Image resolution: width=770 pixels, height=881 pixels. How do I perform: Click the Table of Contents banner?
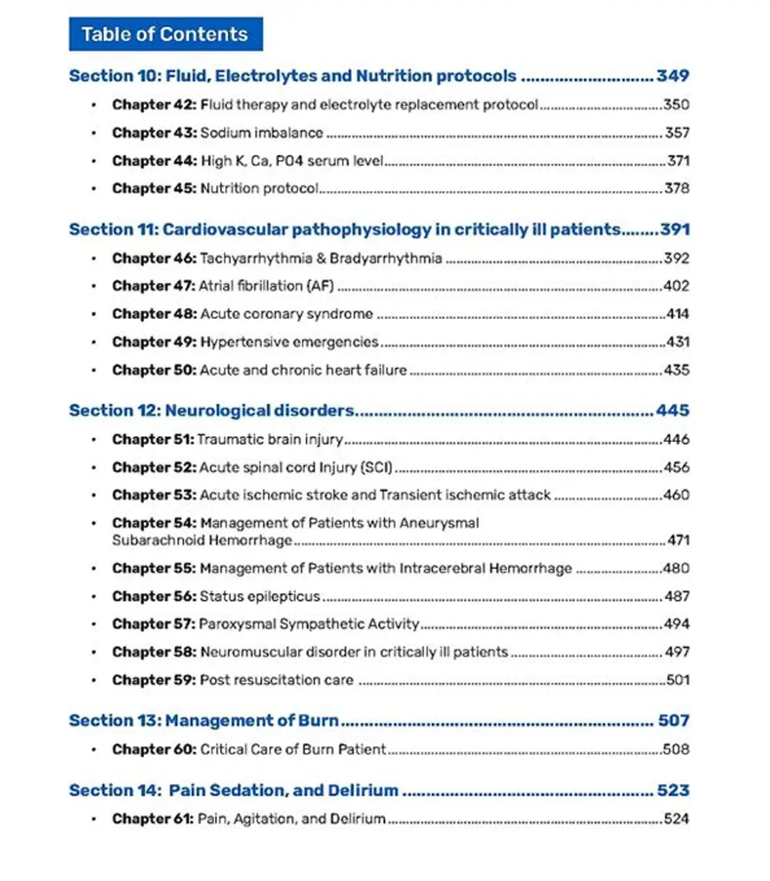pos(165,34)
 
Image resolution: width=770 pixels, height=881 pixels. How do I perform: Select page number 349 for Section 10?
pos(672,75)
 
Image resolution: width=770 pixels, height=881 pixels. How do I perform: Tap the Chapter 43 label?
pos(154,132)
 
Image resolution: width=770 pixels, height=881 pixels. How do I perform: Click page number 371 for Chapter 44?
pos(678,161)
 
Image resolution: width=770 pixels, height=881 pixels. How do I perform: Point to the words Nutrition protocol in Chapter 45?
pos(259,189)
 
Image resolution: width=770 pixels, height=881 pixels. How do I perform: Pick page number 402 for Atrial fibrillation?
pos(676,286)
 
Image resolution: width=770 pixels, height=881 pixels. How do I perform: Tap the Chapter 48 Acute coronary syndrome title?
pos(286,314)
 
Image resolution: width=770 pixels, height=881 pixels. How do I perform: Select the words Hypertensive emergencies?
pos(290,342)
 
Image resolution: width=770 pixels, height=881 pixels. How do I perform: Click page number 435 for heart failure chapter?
pos(676,370)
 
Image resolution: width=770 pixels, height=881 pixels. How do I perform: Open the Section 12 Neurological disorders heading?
pos(212,410)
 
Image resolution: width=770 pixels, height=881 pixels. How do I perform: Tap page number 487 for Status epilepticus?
pos(676,596)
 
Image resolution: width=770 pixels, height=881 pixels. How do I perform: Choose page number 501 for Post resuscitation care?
pos(678,680)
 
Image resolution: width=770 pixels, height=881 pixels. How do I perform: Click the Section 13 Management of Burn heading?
pos(204,721)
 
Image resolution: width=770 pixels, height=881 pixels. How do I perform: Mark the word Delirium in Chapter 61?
pos(358,819)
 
